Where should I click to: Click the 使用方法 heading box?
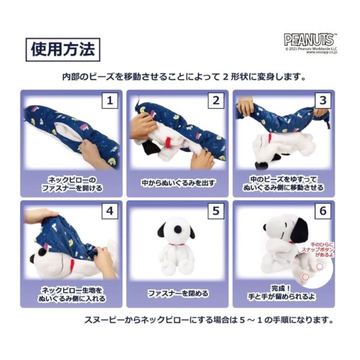pos(63,49)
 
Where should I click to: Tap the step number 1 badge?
pos(109,100)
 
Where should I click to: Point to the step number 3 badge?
pos(322,100)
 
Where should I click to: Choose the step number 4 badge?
pos(109,212)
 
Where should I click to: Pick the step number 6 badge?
pos(322,212)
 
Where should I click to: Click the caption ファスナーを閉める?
pos(178,293)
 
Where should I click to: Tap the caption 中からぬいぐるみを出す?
pos(178,182)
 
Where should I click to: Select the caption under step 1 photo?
pos(71,182)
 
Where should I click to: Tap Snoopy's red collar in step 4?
pos(65,262)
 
